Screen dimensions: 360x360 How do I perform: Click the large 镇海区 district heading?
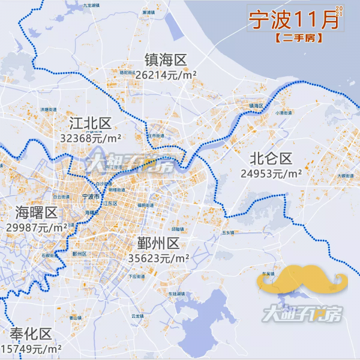pos(166,60)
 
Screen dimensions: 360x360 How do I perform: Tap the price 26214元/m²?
pos(166,75)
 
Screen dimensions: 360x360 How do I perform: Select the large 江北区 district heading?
pos(91,124)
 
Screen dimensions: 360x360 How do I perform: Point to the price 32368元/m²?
pos(91,138)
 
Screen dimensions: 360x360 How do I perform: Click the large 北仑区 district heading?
pos(271,159)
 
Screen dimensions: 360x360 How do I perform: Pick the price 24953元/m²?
pos(271,174)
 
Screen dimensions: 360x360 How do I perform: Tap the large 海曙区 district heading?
pos(36,213)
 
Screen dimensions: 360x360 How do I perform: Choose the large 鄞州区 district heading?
pos(158,244)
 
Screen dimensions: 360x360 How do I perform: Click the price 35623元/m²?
pos(159,258)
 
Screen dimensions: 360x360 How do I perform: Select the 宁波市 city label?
pos(91,196)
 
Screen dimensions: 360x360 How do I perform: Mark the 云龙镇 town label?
pos(137,315)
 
